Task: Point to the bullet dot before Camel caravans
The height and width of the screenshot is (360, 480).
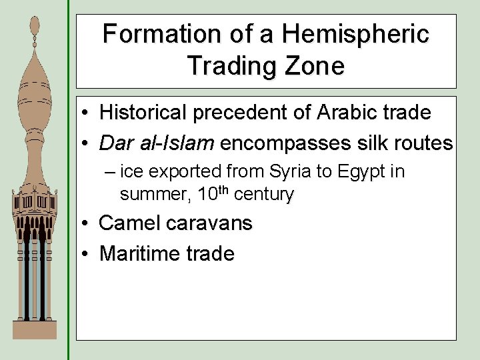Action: (87, 223)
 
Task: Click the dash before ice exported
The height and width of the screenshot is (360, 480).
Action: (109, 172)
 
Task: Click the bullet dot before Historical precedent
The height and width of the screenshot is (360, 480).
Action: (87, 113)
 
